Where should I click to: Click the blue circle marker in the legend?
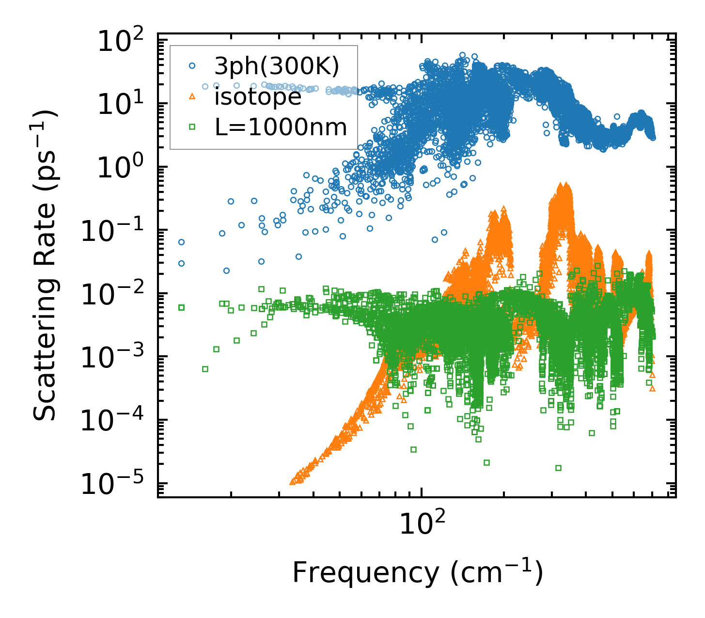point(192,65)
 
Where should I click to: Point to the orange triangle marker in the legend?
point(192,96)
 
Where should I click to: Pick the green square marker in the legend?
point(192,127)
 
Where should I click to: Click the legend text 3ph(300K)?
point(277,66)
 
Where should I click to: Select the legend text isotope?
point(258,97)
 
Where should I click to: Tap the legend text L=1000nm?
point(281,128)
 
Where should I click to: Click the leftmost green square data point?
point(182,307)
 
